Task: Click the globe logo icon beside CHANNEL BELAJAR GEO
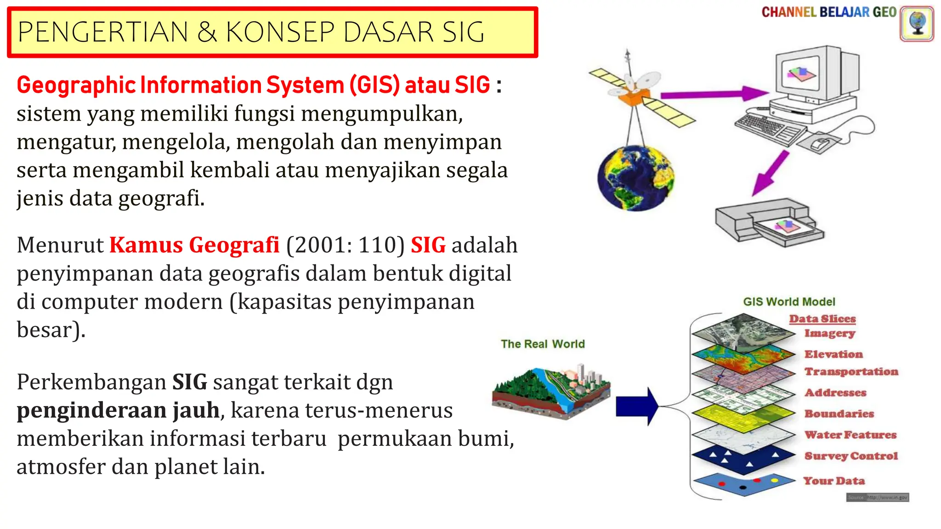917,24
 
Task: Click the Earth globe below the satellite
635,178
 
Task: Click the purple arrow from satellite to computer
713,94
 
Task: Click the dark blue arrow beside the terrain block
636,406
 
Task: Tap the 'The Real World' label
543,344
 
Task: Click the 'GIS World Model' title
789,302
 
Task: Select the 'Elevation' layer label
833,354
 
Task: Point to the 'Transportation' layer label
851,371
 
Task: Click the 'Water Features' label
850,434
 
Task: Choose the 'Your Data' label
834,481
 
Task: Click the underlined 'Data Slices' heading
822,319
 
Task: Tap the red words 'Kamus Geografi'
194,245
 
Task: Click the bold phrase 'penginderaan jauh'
118,410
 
